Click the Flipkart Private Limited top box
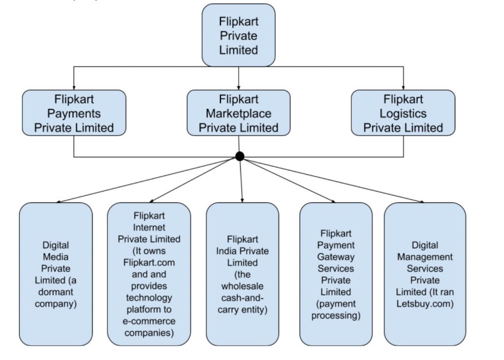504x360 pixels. click(239, 35)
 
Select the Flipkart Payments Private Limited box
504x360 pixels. click(74, 113)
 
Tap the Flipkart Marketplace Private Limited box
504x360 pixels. click(239, 113)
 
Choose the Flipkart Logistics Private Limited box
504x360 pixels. click(403, 113)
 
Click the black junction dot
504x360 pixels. click(240, 156)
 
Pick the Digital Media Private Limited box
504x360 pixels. click(56, 274)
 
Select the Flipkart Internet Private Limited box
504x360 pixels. click(149, 274)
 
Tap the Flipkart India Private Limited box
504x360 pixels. click(243, 274)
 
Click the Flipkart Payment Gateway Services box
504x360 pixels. click(336, 274)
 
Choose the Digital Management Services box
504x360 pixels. click(425, 274)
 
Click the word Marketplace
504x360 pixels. click(239, 114)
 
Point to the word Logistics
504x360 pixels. click(403, 114)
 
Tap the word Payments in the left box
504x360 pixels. click(74, 114)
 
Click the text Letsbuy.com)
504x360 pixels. click(425, 304)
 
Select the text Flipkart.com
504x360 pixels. click(149, 262)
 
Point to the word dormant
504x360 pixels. click(55, 292)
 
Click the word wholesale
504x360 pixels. click(243, 286)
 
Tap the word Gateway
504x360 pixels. click(336, 257)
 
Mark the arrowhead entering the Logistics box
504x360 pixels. click(403, 87)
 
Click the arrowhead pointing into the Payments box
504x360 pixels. click(74, 87)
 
